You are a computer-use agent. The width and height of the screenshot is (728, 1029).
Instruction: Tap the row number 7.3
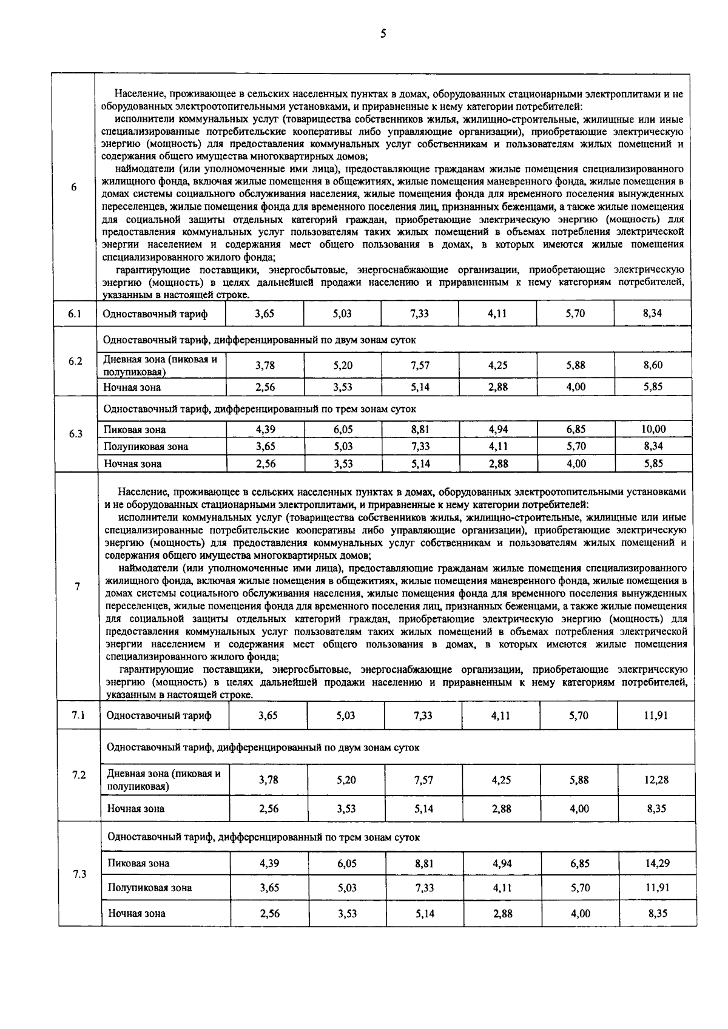[x=79, y=874]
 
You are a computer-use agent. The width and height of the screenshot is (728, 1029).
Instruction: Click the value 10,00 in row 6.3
[x=653, y=429]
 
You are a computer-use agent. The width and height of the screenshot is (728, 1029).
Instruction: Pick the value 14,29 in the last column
[x=656, y=863]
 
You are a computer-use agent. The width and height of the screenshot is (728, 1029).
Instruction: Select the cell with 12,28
[x=656, y=780]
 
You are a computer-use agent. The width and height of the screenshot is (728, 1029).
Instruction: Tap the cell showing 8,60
[x=653, y=365]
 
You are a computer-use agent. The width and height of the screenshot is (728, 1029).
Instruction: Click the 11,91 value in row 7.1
[x=656, y=715]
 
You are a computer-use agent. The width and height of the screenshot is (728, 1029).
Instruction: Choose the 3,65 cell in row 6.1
[x=265, y=313]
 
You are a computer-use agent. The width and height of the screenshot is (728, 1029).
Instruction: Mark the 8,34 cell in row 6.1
[x=653, y=313]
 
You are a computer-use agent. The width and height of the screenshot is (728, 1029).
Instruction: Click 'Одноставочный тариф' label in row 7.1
[x=159, y=715]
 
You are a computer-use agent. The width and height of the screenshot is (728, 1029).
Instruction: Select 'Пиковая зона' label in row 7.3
[x=139, y=863]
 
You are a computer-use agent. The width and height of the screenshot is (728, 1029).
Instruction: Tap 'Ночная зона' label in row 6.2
[x=132, y=387]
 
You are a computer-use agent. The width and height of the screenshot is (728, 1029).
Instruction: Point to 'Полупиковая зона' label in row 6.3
[x=146, y=447]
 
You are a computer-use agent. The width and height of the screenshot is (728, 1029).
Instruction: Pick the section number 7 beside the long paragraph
[x=77, y=586]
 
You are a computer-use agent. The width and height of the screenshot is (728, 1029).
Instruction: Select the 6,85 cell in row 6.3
[x=576, y=429]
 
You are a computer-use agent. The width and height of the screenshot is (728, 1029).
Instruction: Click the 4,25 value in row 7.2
[x=501, y=780]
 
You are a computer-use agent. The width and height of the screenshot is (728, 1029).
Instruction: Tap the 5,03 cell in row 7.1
[x=346, y=715]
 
